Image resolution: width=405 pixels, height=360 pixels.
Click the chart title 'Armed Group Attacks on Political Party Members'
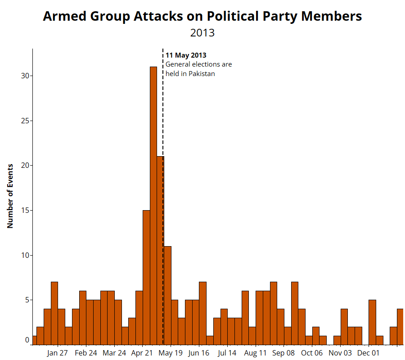(x=202, y=16)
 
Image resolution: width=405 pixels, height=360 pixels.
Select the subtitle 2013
(x=202, y=33)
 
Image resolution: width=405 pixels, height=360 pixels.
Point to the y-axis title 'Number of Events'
(x=10, y=196)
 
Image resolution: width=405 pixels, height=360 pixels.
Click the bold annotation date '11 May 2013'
(x=186, y=55)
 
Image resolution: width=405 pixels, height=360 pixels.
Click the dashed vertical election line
(x=163, y=112)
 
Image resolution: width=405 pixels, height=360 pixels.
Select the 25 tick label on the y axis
(x=25, y=121)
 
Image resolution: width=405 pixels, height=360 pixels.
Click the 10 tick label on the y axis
(x=25, y=256)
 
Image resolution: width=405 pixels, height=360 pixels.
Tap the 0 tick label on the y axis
(x=27, y=341)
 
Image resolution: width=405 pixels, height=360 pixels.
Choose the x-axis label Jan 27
(x=57, y=353)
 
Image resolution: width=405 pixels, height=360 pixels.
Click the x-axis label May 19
(x=171, y=353)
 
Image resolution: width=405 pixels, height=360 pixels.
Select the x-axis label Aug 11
(x=256, y=353)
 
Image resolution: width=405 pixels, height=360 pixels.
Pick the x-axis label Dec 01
(x=369, y=353)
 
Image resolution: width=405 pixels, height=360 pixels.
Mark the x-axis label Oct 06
(x=312, y=353)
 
